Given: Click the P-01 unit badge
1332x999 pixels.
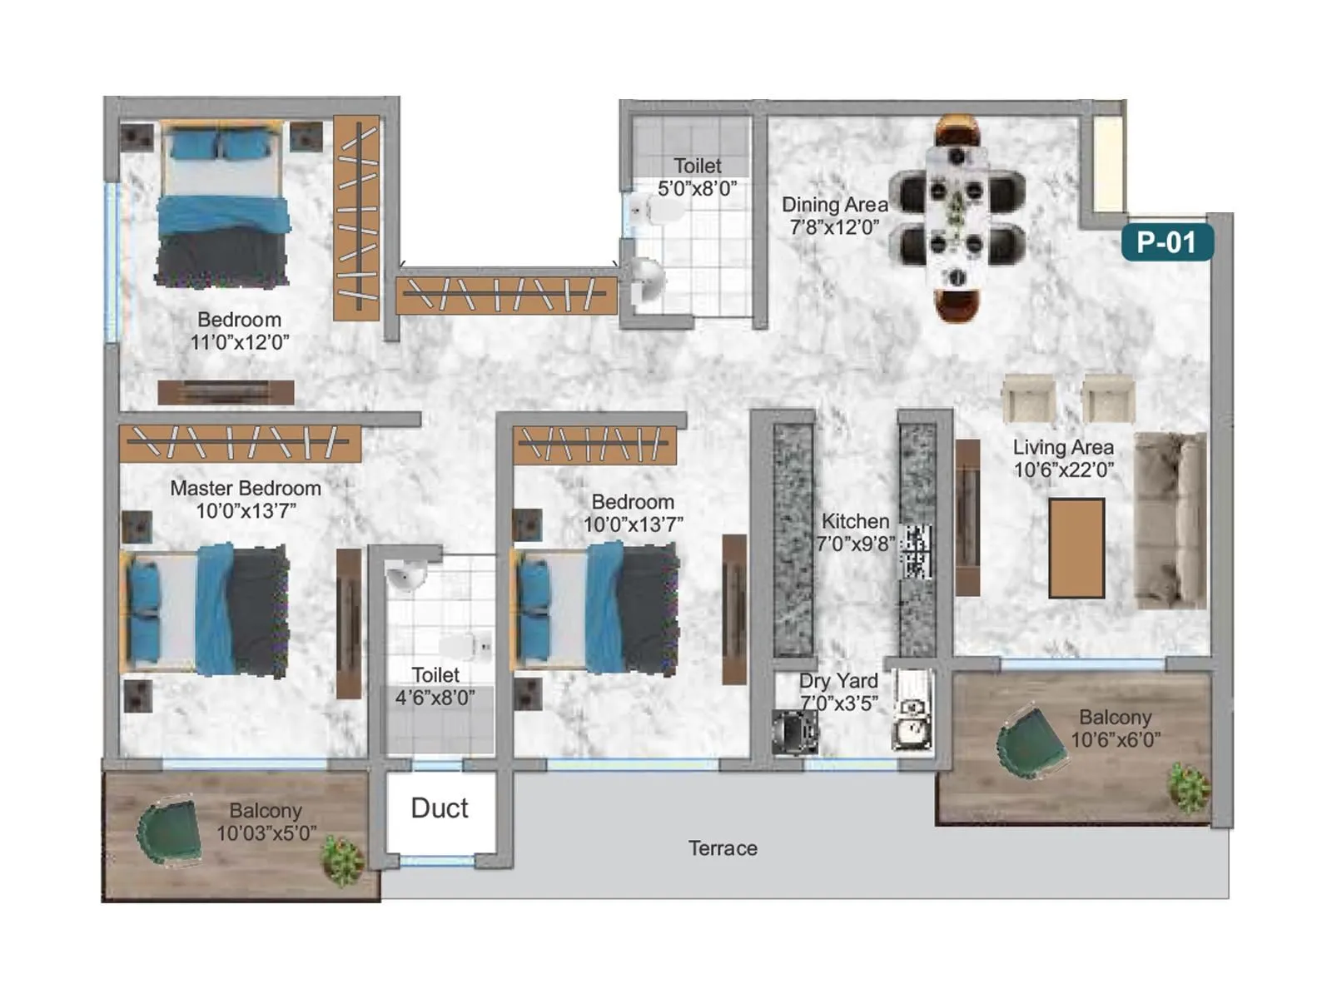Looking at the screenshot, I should tap(1166, 242).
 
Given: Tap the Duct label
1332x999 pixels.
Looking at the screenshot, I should tap(440, 808).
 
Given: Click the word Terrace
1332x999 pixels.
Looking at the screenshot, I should tap(723, 848).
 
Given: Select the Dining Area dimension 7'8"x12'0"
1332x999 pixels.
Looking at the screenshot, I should tap(834, 227).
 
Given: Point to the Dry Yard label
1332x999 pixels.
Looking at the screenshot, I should tap(838, 681).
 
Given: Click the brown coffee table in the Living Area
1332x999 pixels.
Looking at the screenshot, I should tap(1076, 548).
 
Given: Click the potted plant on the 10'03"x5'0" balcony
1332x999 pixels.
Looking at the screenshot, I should tap(342, 860).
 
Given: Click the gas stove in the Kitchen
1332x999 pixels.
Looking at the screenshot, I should tap(916, 551).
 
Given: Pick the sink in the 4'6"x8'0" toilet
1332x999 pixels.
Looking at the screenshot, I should tap(406, 574).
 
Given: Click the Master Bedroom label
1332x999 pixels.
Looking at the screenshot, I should tap(245, 489).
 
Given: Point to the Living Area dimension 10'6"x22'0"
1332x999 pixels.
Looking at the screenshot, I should tap(1063, 470).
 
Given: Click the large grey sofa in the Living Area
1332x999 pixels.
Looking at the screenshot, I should tap(1170, 520).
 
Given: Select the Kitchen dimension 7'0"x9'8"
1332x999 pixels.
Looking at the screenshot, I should tap(855, 544).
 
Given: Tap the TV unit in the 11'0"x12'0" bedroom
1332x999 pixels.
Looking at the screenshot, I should tap(226, 392).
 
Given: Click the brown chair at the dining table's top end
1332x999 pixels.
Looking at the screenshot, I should tap(957, 131).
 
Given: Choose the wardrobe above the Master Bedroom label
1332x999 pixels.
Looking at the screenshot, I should tap(240, 444).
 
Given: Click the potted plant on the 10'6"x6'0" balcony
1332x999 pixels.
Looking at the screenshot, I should tap(1188, 787).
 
